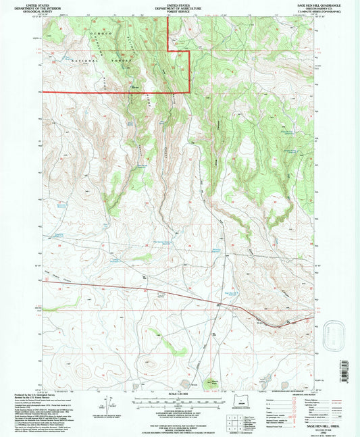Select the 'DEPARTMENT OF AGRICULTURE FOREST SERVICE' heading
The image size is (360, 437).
[180, 7]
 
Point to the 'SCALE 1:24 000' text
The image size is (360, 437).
[180, 393]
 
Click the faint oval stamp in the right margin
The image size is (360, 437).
[336, 332]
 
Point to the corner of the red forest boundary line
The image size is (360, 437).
[189, 91]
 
